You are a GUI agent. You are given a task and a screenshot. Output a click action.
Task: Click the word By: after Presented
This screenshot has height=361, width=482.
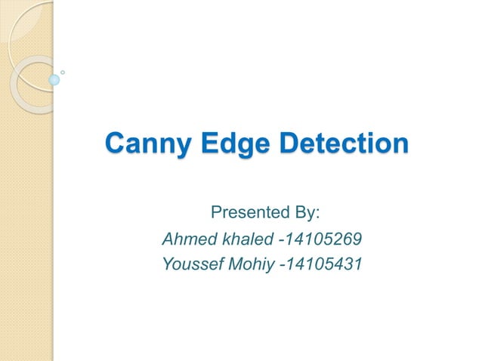click(x=307, y=211)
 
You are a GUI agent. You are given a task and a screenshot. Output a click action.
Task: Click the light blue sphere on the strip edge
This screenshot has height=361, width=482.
click(x=54, y=79)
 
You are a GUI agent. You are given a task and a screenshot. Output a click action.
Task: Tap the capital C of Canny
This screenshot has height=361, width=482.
click(x=116, y=143)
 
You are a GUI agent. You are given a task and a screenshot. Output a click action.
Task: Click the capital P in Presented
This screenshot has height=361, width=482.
click(x=215, y=211)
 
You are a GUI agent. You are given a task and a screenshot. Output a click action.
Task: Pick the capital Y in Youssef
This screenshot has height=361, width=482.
click(x=168, y=264)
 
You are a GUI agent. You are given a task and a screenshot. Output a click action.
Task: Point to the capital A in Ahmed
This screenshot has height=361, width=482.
click(x=168, y=240)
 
